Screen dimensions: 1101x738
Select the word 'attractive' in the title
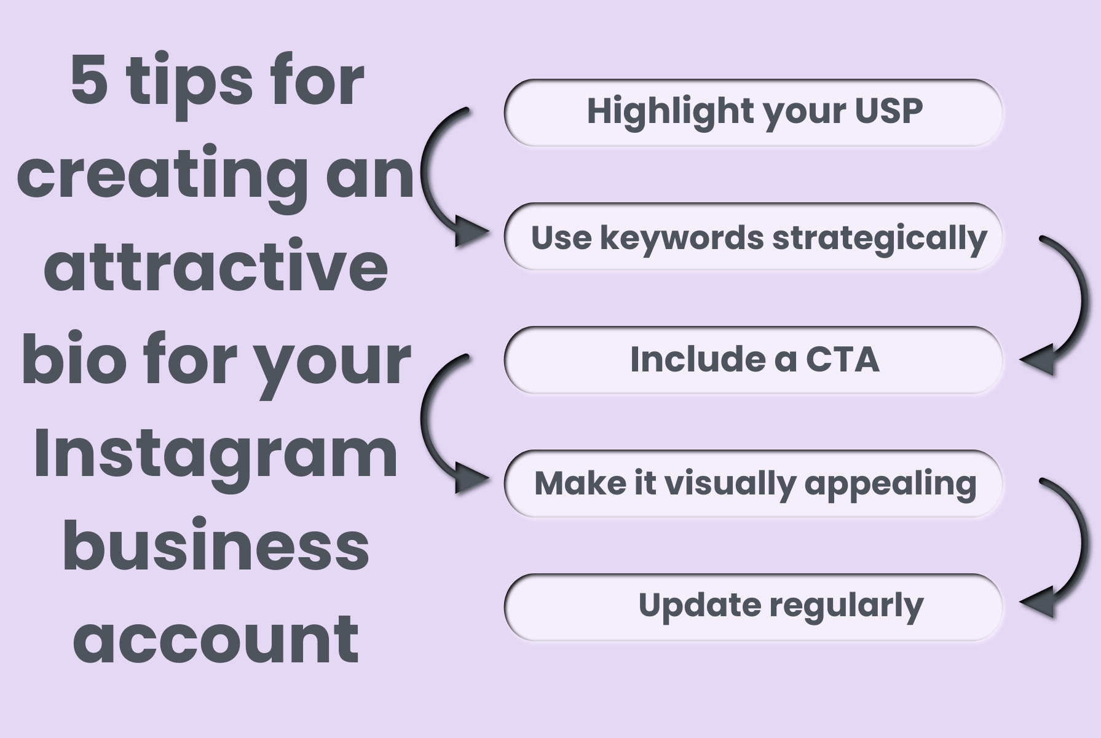pyautogui.click(x=216, y=266)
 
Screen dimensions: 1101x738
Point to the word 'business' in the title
pyautogui.click(x=216, y=544)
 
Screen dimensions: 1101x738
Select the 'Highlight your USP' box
pyautogui.click(x=753, y=113)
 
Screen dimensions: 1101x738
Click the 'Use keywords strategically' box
pyautogui.click(x=753, y=237)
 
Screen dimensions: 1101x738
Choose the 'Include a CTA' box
pyautogui.click(x=753, y=360)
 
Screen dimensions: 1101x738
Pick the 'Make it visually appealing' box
pyautogui.click(x=753, y=484)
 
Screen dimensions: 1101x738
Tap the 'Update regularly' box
pyautogui.click(x=753, y=608)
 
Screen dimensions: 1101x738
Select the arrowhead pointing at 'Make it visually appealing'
pyautogui.click(x=470, y=478)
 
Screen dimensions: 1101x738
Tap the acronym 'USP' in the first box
pyautogui.click(x=889, y=111)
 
